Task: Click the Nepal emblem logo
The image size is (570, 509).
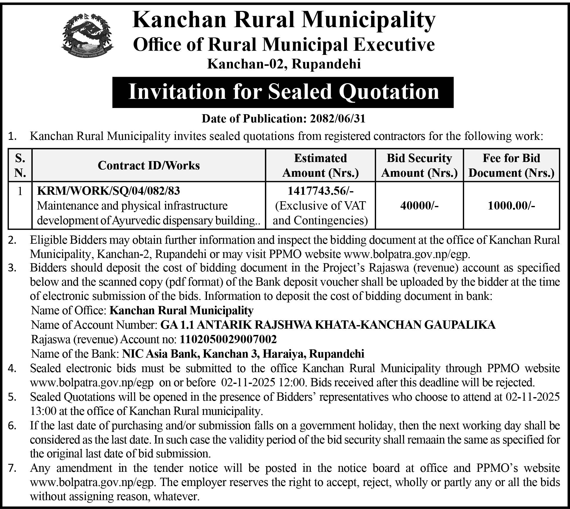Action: (87, 35)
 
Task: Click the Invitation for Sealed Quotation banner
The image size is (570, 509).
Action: (283, 92)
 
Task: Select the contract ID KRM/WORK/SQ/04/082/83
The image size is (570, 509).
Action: (108, 191)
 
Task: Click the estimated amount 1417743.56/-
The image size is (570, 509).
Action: (320, 191)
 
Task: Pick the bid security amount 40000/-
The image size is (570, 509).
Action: (419, 205)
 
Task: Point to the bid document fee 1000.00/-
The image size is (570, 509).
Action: (511, 205)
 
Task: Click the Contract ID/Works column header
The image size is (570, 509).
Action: (149, 165)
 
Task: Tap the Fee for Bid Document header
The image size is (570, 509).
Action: (511, 165)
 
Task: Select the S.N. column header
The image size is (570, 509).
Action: (20, 165)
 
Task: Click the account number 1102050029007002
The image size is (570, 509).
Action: (228, 339)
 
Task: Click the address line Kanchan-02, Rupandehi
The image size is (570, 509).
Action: (284, 64)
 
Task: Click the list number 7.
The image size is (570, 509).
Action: (12, 468)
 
